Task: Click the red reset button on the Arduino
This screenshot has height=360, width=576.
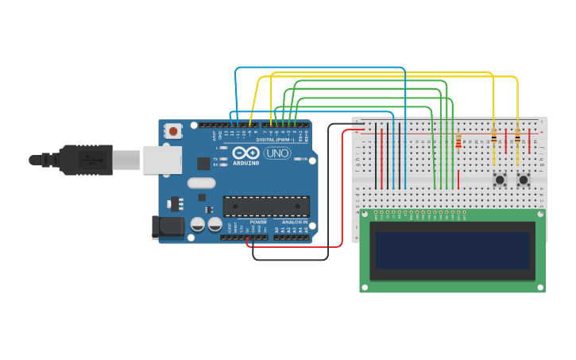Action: pyautogui.click(x=173, y=130)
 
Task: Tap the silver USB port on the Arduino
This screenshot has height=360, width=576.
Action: pyautogui.click(x=162, y=159)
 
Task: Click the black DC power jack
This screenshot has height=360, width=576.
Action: pyautogui.click(x=168, y=227)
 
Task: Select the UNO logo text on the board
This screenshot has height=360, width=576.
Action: pyautogui.click(x=276, y=153)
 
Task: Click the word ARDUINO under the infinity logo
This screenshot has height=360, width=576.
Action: pyautogui.click(x=245, y=163)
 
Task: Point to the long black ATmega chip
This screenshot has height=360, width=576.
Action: pyautogui.click(x=266, y=206)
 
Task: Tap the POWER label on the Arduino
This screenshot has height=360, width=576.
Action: pyautogui.click(x=258, y=222)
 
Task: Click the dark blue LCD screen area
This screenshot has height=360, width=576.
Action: pyautogui.click(x=453, y=250)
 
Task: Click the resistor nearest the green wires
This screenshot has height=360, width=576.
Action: pyautogui.click(x=458, y=141)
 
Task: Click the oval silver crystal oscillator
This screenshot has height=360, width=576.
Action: pyautogui.click(x=201, y=183)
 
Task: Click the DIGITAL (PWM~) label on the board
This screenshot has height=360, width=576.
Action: pyautogui.click(x=275, y=139)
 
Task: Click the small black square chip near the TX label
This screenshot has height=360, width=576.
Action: pyautogui.click(x=203, y=164)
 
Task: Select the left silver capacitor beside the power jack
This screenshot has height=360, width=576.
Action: pyautogui.click(x=198, y=225)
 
